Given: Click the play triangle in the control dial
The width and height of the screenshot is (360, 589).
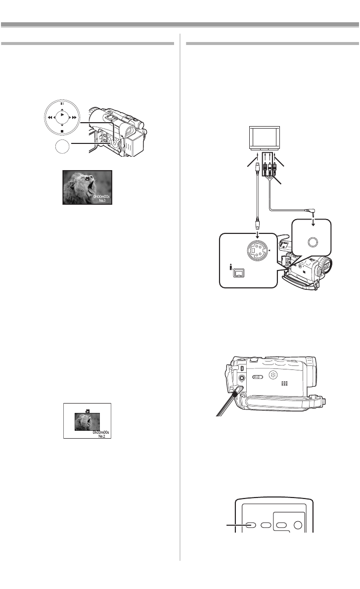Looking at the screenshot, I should pyautogui.click(x=62, y=114).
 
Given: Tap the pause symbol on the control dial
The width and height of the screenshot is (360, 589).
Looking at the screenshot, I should pyautogui.click(x=62, y=104).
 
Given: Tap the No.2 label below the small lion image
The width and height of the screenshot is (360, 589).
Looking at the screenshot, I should pyautogui.click(x=102, y=436).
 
